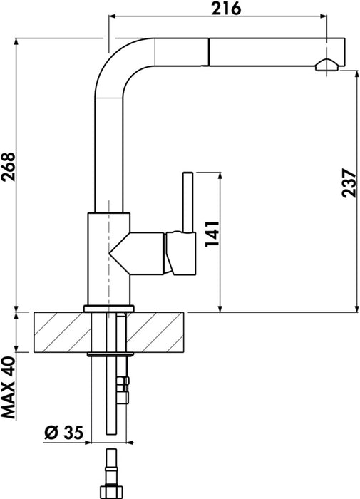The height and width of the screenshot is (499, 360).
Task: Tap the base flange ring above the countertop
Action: [x=108, y=308]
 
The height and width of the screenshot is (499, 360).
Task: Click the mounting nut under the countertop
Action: [x=108, y=354]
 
